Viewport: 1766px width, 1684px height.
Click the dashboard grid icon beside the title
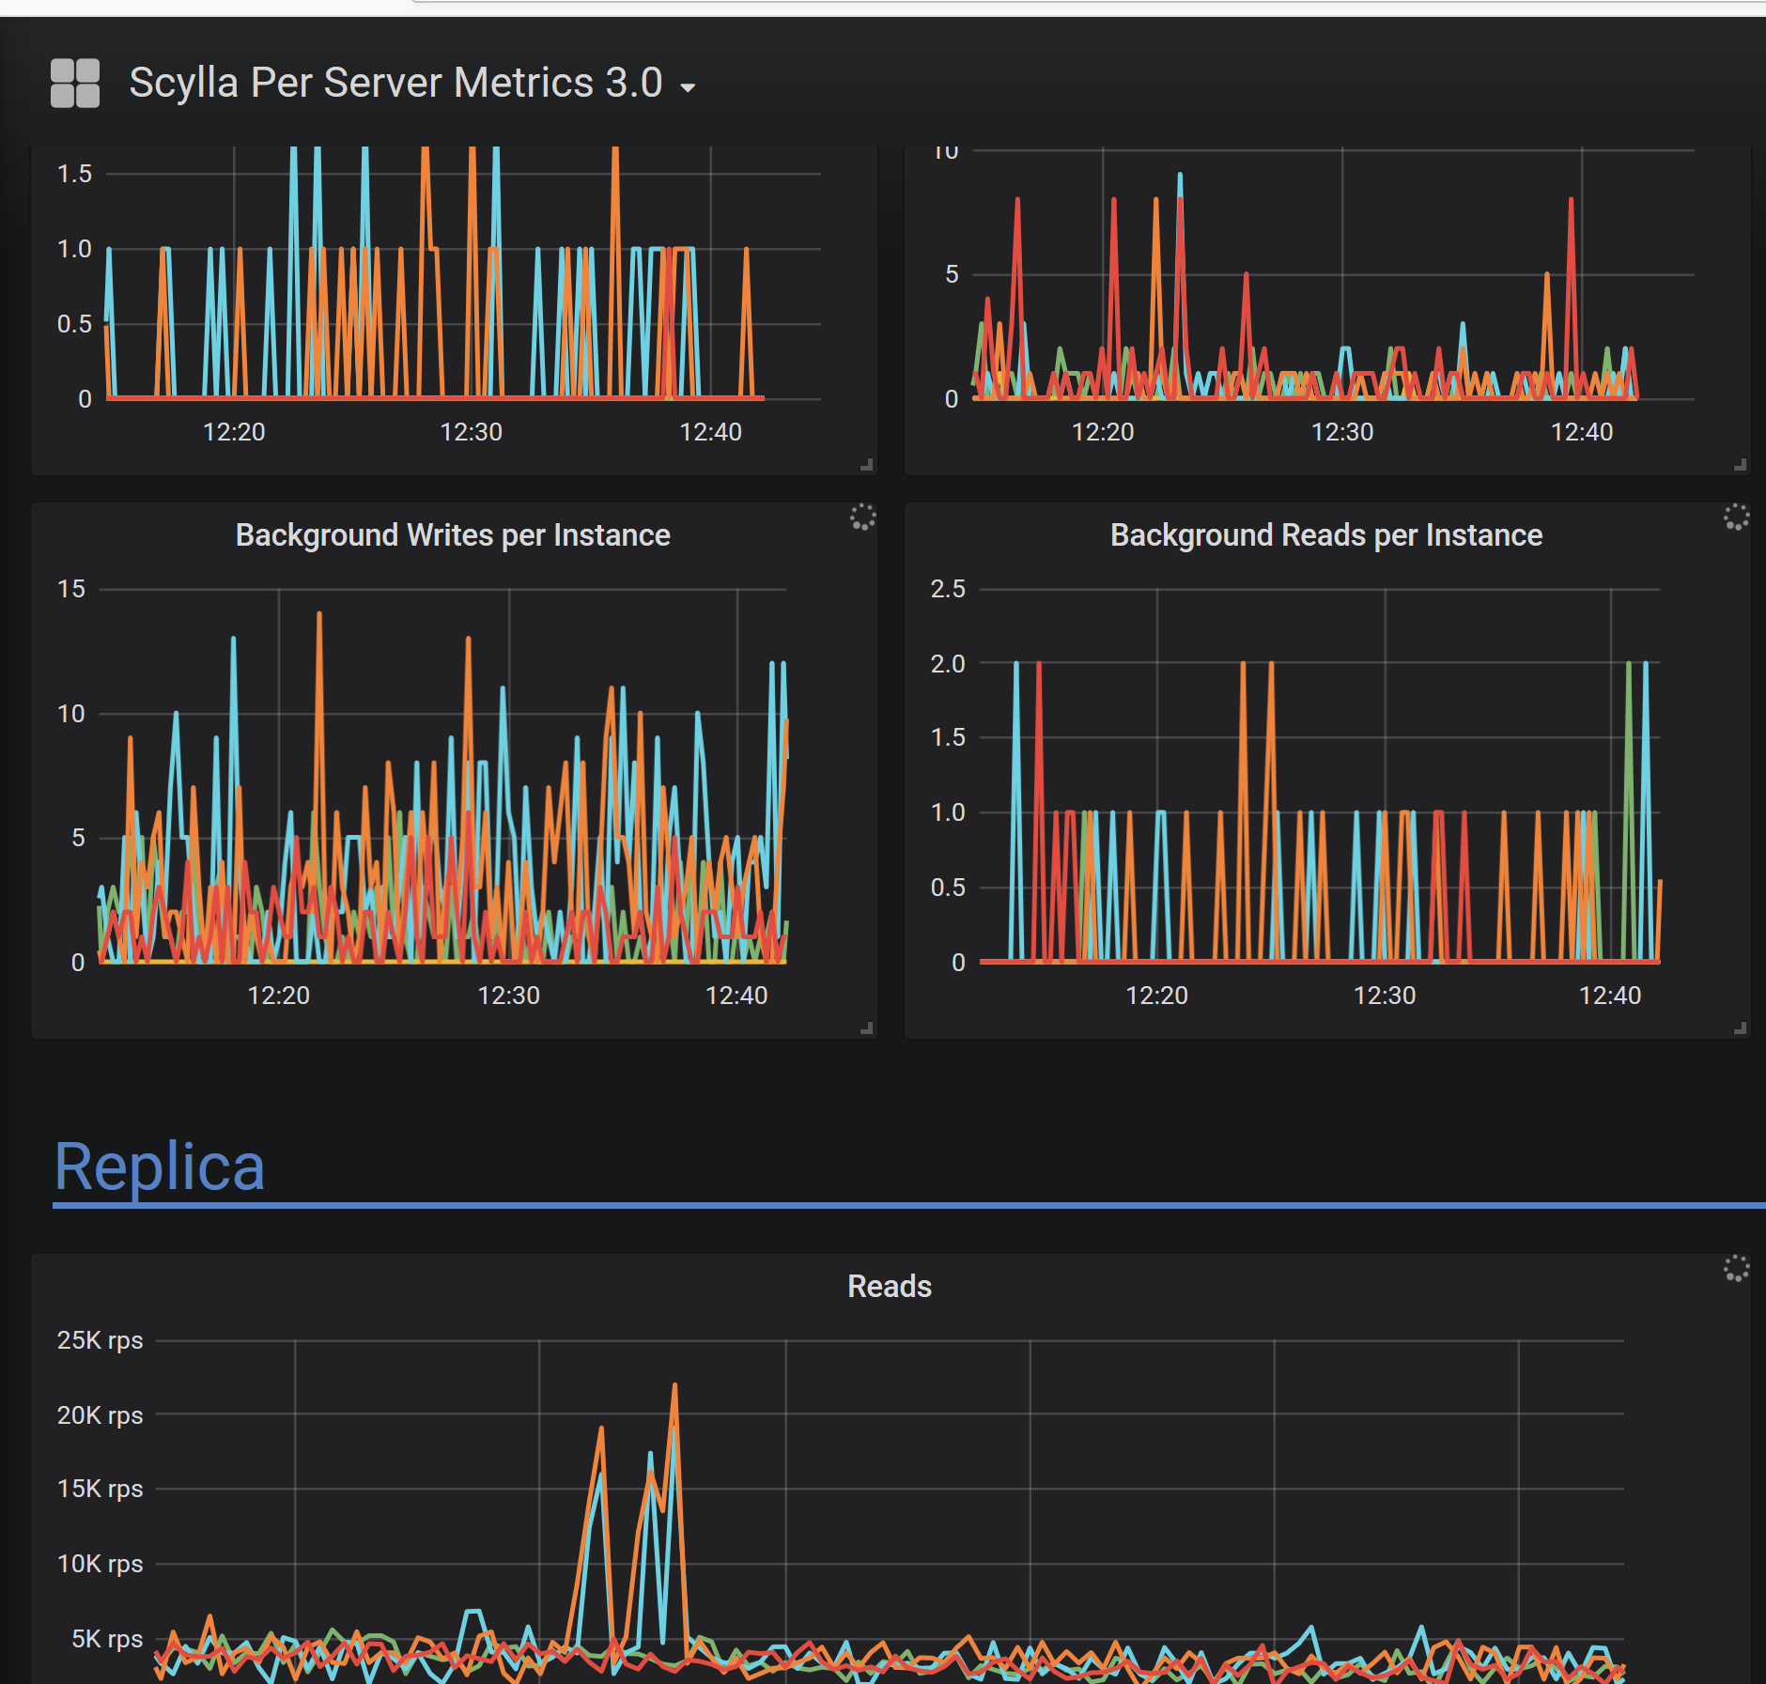pyautogui.click(x=75, y=84)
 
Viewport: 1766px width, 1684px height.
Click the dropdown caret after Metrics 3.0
pyautogui.click(x=688, y=87)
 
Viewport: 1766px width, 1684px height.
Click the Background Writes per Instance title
pyautogui.click(x=453, y=535)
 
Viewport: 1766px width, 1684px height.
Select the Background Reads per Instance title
pyautogui.click(x=1325, y=535)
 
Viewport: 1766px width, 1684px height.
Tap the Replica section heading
pyautogui.click(x=160, y=1167)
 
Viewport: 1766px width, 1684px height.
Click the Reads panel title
pyautogui.click(x=889, y=1287)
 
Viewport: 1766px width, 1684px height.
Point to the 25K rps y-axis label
pyautogui.click(x=100, y=1340)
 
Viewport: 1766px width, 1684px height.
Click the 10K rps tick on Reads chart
pyautogui.click(x=100, y=1564)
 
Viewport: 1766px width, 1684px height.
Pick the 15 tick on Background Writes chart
pyautogui.click(x=71, y=589)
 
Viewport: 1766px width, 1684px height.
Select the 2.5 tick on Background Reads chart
pyautogui.click(x=947, y=589)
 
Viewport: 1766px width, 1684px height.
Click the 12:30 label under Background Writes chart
pyautogui.click(x=508, y=996)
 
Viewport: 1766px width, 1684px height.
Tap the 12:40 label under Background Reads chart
pyautogui.click(x=1609, y=996)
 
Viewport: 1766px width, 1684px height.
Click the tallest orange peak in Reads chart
pyautogui.click(x=674, y=1386)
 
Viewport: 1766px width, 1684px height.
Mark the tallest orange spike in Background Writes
pyautogui.click(x=319, y=615)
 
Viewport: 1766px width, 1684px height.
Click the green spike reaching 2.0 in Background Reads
pyautogui.click(x=1629, y=665)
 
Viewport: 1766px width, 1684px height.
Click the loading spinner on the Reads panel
pyautogui.click(x=1736, y=1269)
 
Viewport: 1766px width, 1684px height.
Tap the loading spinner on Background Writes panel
pyautogui.click(x=862, y=517)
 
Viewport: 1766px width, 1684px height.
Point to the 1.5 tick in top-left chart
pyautogui.click(x=74, y=174)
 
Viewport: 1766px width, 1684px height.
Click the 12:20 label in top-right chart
pyautogui.click(x=1102, y=432)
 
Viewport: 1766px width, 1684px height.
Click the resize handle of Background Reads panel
pyautogui.click(x=1740, y=1028)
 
